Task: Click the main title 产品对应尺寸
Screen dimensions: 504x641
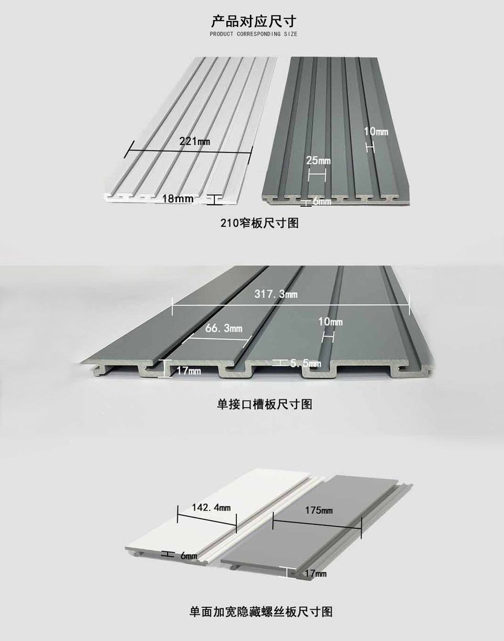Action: (254, 21)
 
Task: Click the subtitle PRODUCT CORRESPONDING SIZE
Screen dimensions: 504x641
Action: (254, 34)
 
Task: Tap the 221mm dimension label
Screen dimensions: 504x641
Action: (194, 141)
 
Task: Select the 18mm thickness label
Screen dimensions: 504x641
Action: (178, 199)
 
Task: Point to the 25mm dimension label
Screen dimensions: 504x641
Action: (319, 160)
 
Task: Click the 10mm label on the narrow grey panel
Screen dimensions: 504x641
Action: (376, 131)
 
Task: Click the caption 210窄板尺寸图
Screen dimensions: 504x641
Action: (259, 223)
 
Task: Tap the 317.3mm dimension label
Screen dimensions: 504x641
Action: (276, 294)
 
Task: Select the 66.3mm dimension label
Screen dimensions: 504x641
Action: (224, 328)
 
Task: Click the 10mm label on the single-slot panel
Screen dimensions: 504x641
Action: (330, 322)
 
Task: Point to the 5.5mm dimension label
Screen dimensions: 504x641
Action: (305, 363)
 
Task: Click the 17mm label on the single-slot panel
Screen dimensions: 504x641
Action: (189, 371)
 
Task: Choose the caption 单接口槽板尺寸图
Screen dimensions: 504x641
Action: (265, 404)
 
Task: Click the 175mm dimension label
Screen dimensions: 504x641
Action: (319, 511)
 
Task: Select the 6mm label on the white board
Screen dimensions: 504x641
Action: (189, 556)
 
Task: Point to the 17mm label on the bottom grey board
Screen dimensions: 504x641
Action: (315, 573)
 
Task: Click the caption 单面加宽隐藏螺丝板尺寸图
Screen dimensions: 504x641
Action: (261, 611)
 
